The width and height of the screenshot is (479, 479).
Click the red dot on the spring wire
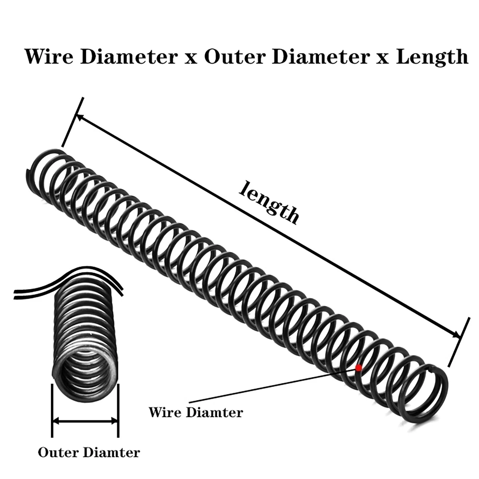coord(358,368)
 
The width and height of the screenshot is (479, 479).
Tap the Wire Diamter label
coord(196,413)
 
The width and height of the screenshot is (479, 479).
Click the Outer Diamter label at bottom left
coord(89,452)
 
